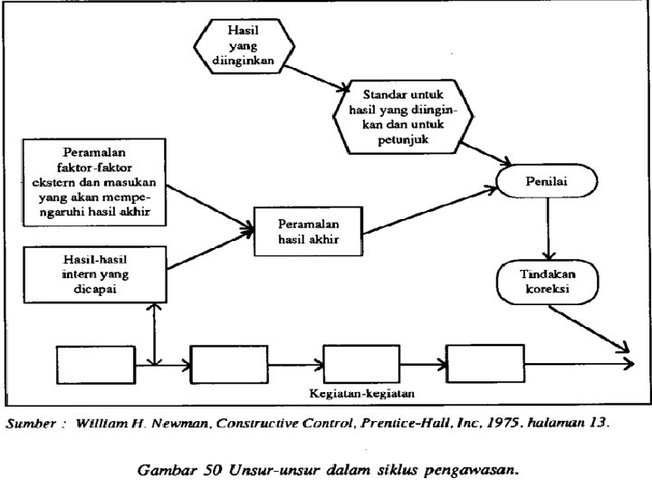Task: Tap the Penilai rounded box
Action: (546, 184)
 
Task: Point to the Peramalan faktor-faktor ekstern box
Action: (95, 183)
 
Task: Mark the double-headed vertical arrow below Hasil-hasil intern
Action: (159, 333)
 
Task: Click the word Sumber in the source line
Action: (30, 422)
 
